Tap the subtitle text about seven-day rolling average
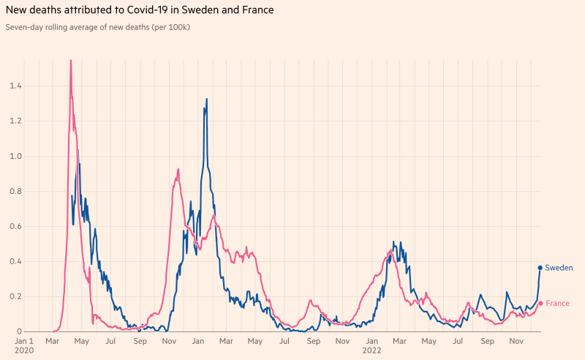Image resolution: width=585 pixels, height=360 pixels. point(98,27)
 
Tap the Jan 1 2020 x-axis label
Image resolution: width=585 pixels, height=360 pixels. point(25,345)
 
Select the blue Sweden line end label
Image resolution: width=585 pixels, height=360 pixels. point(559,268)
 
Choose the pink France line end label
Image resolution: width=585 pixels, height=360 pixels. point(557,303)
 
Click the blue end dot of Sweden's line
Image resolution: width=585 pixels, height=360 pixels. point(540,268)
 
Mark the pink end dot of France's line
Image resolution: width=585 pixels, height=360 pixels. point(540,303)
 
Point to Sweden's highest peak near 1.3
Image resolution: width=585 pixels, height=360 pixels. point(207,100)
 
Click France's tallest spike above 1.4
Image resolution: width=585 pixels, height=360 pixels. point(70,61)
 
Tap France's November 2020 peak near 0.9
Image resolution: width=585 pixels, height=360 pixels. point(178,170)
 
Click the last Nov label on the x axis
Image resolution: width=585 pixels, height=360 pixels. point(516,341)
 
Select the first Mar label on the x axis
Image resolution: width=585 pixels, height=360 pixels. point(52,341)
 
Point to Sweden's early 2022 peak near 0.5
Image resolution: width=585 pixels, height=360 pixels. point(394,242)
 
